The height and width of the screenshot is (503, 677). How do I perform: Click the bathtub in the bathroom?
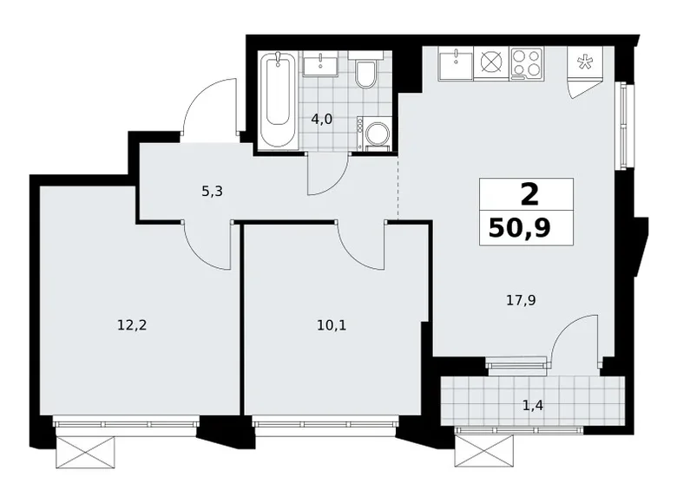click(x=278, y=101)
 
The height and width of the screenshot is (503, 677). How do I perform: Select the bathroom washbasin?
click(x=320, y=64)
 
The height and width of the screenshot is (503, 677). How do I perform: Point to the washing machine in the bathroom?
click(x=374, y=134)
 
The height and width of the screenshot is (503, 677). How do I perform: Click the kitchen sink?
click(x=456, y=63)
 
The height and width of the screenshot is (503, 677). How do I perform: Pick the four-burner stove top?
click(x=527, y=63)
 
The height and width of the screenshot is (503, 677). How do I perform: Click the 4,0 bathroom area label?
click(x=322, y=119)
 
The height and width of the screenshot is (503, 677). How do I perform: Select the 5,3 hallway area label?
click(x=212, y=191)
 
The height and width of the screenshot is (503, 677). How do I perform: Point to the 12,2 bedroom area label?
click(x=132, y=324)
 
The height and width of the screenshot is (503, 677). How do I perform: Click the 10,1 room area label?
click(x=332, y=325)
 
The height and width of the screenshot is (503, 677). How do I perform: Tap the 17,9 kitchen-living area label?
click(x=521, y=300)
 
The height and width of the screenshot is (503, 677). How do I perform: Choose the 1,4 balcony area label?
click(x=533, y=406)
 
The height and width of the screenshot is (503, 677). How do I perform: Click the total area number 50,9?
click(x=520, y=229)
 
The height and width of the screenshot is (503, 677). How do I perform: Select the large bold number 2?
click(x=530, y=194)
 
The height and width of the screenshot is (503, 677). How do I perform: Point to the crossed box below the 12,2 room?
click(x=87, y=453)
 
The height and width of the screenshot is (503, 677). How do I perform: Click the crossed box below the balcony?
click(x=484, y=450)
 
